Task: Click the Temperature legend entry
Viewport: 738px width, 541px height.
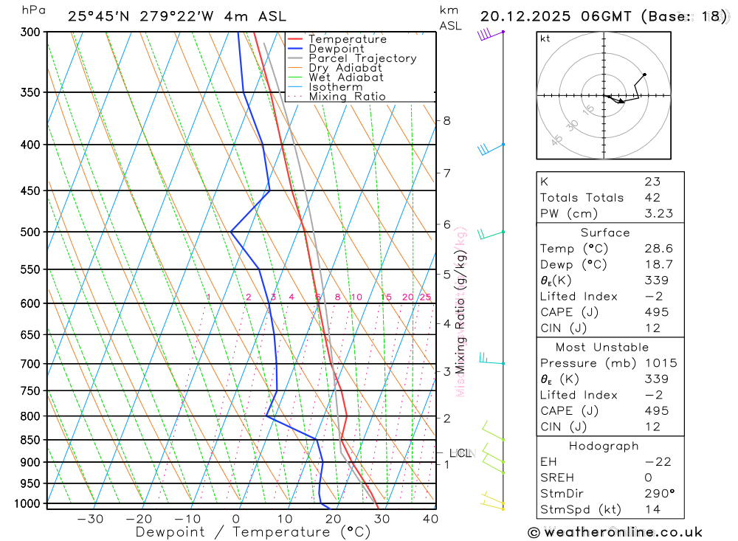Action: click(x=347, y=39)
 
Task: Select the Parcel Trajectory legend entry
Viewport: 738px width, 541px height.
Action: click(x=362, y=58)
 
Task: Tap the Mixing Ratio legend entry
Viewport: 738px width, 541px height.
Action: click(x=347, y=97)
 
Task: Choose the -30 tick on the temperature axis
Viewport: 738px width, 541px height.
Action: click(x=90, y=519)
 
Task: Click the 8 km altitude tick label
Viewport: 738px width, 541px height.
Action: click(x=446, y=120)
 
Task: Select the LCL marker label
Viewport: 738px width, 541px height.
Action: click(x=460, y=453)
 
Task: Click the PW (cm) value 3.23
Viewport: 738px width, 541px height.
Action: click(x=658, y=213)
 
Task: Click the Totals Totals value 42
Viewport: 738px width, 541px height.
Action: click(x=652, y=197)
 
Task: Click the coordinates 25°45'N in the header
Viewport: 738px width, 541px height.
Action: click(x=96, y=16)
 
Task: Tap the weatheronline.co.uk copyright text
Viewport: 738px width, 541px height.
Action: click(x=615, y=531)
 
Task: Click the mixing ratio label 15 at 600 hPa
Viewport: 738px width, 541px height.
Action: click(x=386, y=297)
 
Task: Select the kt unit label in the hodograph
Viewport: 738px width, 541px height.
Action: click(x=545, y=38)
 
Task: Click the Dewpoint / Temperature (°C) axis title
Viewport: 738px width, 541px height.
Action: click(x=252, y=531)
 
